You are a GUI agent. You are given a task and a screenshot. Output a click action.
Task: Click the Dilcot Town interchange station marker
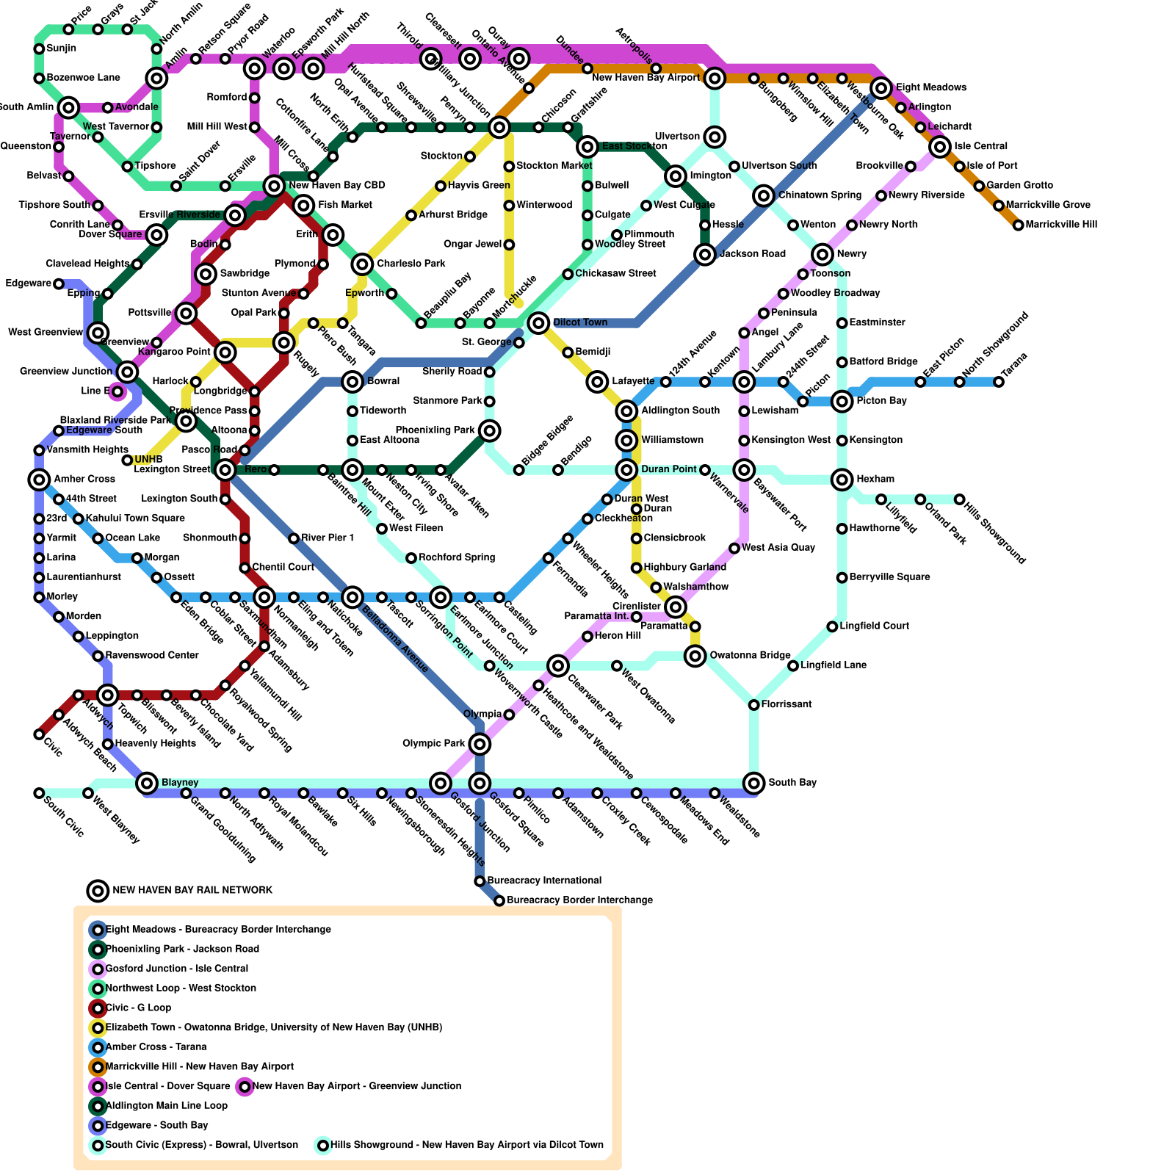pos(538,322)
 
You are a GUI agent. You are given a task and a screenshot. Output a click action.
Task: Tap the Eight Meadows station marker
pos(881,88)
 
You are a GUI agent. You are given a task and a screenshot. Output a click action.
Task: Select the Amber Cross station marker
pos(39,480)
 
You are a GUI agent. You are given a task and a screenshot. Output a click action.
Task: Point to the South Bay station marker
pos(753,783)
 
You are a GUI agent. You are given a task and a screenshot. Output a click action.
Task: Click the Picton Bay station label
pos(881,401)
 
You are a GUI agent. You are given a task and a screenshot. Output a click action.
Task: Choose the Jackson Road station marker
pos(705,254)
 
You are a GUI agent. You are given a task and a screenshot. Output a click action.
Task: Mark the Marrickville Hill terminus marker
pos(1018,225)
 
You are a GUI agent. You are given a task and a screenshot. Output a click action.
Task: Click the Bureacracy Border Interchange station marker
pos(499,900)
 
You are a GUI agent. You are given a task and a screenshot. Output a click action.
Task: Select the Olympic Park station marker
pos(480,744)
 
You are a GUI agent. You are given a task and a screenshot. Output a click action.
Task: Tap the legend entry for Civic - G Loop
pos(138,1008)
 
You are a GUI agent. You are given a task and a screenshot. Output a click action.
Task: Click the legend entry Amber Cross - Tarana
pos(156,1046)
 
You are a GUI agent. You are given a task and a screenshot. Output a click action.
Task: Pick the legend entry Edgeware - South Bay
pos(156,1125)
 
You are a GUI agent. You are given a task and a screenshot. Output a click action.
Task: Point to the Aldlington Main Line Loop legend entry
pos(166,1105)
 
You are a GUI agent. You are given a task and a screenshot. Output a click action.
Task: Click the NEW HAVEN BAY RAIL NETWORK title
pos(192,890)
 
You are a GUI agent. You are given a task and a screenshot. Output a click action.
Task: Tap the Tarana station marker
pos(999,382)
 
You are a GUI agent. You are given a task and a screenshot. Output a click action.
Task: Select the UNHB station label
pos(148,460)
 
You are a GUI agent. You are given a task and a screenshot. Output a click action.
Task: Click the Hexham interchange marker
pos(842,480)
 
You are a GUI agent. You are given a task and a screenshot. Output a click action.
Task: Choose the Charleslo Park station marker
pos(362,264)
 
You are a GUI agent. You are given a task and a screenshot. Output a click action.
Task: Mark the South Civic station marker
pos(39,793)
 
